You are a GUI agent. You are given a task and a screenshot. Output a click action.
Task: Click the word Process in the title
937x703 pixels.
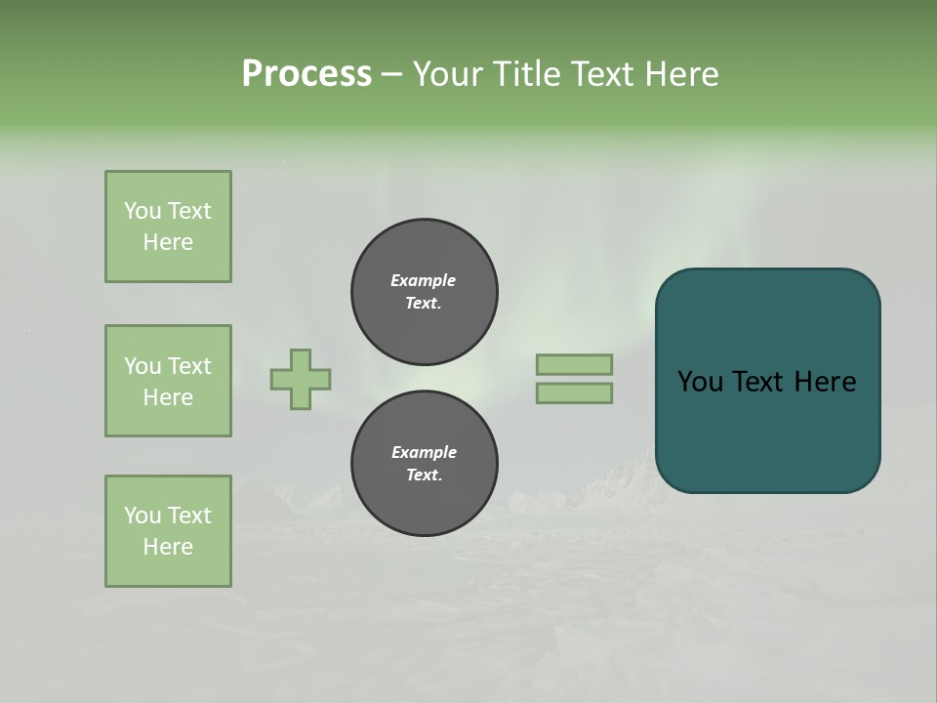(x=306, y=74)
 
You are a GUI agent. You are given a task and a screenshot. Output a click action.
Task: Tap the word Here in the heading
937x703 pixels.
(x=681, y=74)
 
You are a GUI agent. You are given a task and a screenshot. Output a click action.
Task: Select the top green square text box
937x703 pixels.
(x=168, y=227)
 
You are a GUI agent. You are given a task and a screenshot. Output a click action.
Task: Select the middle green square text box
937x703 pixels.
(x=168, y=381)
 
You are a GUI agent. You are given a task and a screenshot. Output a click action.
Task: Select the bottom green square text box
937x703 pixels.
(x=168, y=531)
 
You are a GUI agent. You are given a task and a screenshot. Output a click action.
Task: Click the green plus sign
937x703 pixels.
(x=301, y=379)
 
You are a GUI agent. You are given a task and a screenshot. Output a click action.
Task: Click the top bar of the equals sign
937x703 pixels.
(x=574, y=364)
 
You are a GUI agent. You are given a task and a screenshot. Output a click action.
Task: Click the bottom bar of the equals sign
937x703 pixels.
(x=574, y=393)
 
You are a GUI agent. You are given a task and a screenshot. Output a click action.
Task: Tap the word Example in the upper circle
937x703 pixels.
(x=423, y=280)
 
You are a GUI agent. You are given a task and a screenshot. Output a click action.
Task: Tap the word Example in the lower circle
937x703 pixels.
(x=424, y=452)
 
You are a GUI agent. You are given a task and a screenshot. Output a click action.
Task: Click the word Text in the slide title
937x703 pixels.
(x=603, y=74)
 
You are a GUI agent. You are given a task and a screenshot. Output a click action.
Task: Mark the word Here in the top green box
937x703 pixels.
(x=168, y=242)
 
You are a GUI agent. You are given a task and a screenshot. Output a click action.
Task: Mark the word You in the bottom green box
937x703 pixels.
(x=143, y=516)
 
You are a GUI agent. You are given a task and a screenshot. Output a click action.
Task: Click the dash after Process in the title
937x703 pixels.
(x=391, y=74)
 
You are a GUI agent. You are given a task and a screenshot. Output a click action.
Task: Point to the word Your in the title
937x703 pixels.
(x=448, y=74)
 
